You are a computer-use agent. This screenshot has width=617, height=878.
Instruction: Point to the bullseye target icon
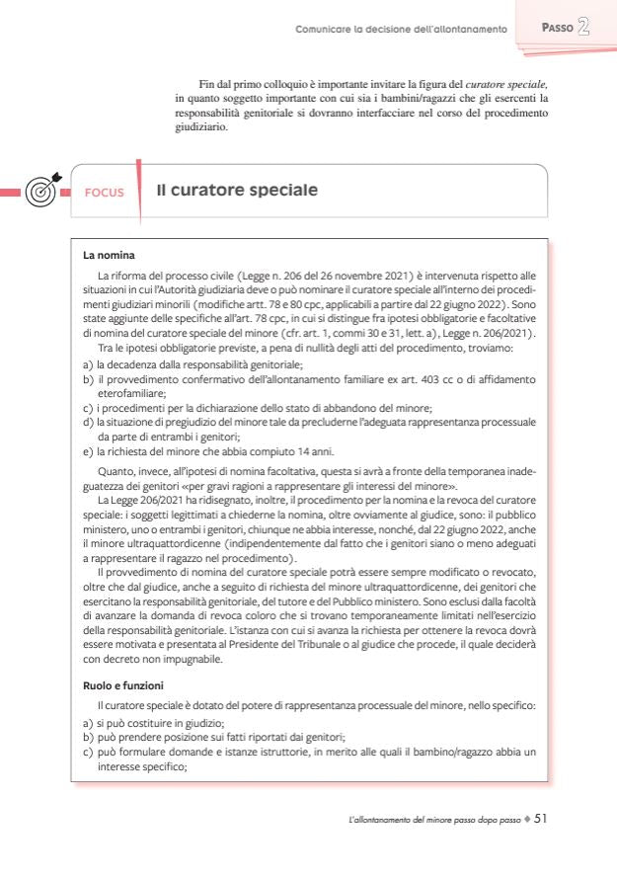click(x=40, y=190)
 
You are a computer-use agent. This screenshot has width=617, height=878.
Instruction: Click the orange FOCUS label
click(x=104, y=192)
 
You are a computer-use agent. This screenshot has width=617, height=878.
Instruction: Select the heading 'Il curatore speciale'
click(x=237, y=190)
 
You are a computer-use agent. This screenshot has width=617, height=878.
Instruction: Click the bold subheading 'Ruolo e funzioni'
click(x=123, y=683)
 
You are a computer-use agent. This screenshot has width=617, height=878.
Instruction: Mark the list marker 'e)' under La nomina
click(x=89, y=450)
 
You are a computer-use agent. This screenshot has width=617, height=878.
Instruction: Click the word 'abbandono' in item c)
click(x=336, y=407)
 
